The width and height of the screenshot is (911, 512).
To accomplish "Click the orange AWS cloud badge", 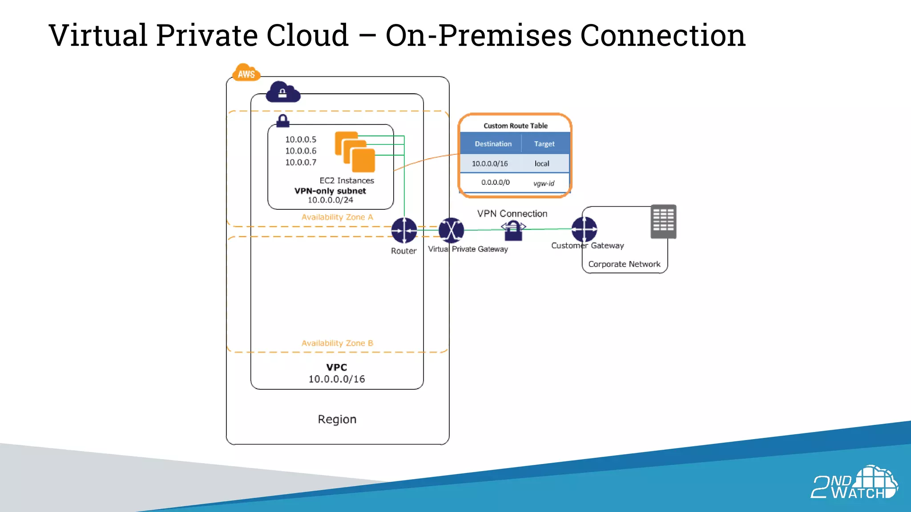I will (x=246, y=73).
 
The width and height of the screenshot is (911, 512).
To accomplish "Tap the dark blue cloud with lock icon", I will (x=283, y=92).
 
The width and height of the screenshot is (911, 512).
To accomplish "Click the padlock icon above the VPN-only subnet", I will (x=283, y=121).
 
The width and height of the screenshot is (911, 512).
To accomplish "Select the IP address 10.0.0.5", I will (x=301, y=140).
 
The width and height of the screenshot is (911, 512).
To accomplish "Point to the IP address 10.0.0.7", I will (x=301, y=163).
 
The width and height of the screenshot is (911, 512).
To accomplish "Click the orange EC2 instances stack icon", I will (x=355, y=152).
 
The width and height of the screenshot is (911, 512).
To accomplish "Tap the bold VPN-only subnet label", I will (x=330, y=191).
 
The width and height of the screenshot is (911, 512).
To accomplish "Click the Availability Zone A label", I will (x=337, y=217).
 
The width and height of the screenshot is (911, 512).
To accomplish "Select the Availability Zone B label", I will (x=337, y=343).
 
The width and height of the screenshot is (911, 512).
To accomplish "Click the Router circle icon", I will (x=404, y=230).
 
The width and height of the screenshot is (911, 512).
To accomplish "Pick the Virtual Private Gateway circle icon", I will (x=451, y=230).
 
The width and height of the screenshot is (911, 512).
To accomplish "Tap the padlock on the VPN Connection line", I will (x=513, y=231).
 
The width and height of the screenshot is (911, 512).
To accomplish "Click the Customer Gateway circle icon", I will (x=584, y=229).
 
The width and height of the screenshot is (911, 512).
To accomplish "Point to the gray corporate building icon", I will (x=663, y=221).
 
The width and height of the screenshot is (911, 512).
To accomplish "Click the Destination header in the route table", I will (x=493, y=144).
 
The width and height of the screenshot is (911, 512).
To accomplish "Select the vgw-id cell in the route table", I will (x=544, y=183).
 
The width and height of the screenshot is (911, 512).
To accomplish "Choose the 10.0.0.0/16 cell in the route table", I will (x=490, y=164).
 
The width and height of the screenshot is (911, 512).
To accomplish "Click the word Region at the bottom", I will (x=337, y=420).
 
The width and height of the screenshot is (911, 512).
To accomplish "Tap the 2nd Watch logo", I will (x=854, y=483).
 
